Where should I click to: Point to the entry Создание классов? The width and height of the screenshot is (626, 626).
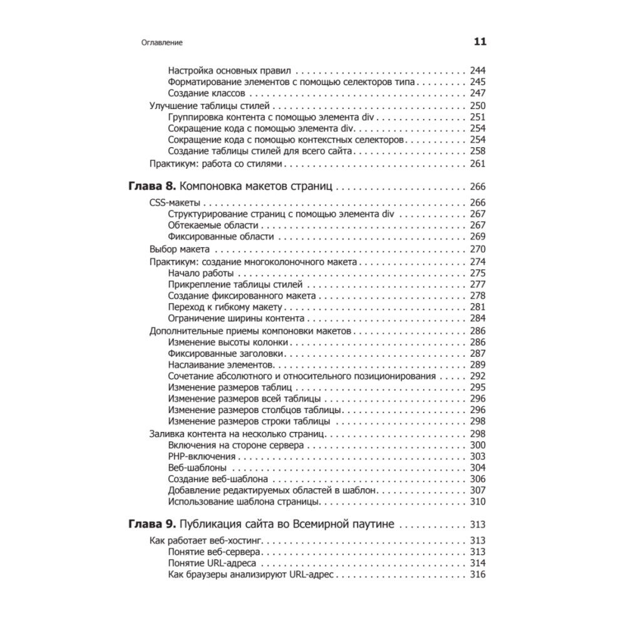click(203, 93)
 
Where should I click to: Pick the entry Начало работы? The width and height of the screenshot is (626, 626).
click(201, 273)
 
